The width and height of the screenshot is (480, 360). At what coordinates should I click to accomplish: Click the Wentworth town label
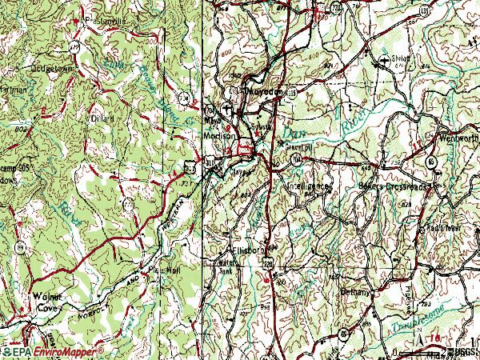[x=458, y=139]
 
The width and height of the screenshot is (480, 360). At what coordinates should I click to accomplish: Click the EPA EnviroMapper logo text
[x=56, y=350]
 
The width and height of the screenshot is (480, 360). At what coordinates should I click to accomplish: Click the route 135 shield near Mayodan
[x=293, y=93]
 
